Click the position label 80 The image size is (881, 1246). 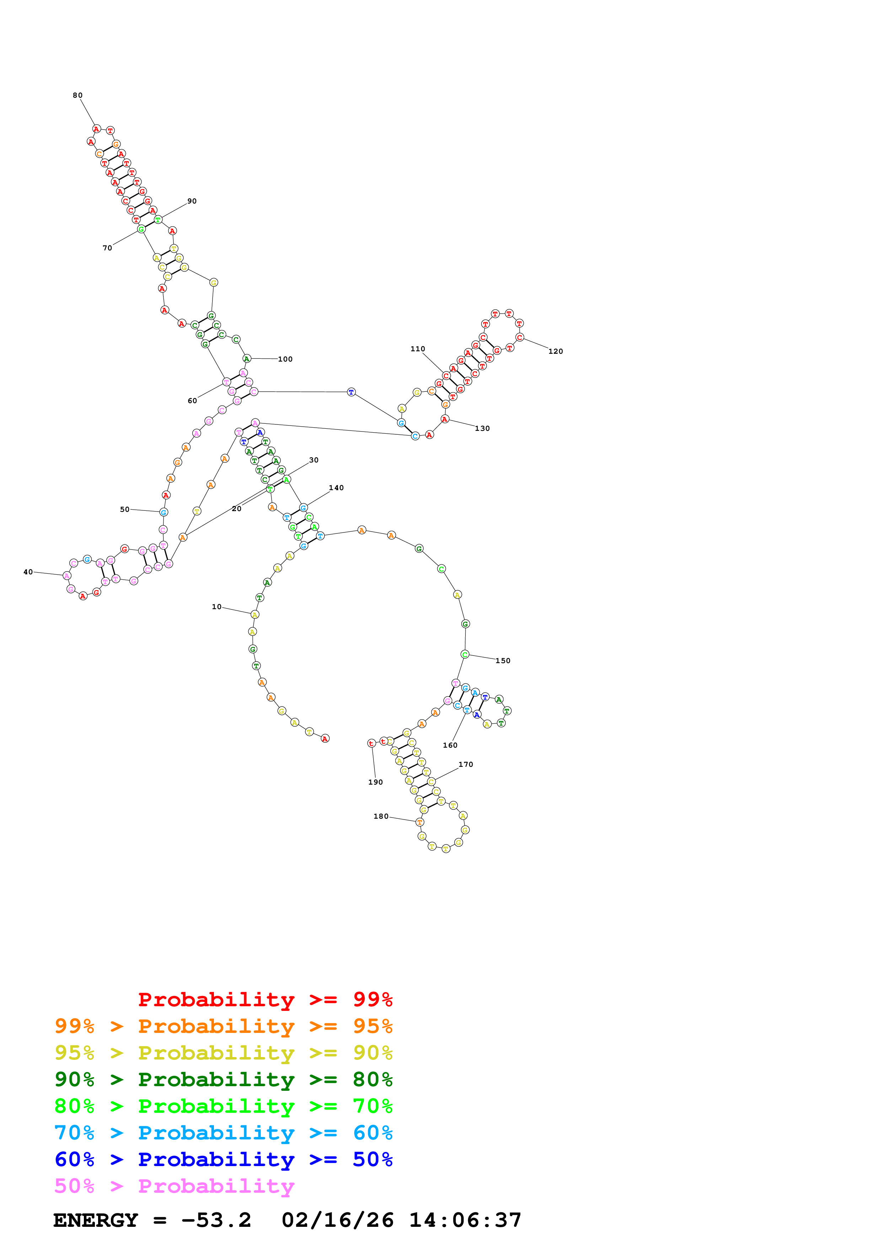coord(77,96)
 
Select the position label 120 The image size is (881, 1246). coord(555,352)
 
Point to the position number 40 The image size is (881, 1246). coord(28,572)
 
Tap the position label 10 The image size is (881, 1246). coord(216,607)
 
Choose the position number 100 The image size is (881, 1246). coord(285,359)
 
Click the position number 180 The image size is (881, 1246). coord(381,817)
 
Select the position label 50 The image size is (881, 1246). coord(125,510)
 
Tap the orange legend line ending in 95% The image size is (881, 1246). coord(223,1026)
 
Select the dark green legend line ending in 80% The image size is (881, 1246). coord(223,1079)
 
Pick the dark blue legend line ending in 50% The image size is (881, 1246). coord(223,1159)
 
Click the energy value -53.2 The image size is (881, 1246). coord(216,1220)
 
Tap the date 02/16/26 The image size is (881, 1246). coord(337,1220)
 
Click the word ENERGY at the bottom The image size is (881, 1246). coord(96,1220)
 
